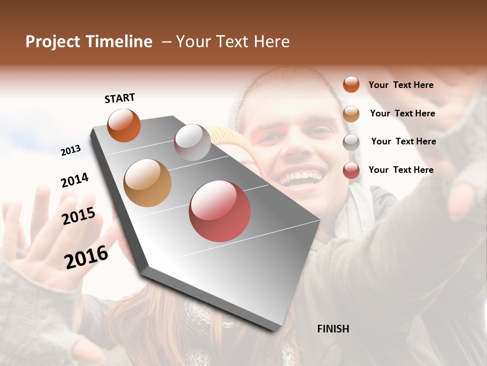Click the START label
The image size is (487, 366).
tap(120, 98)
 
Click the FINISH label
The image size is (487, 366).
tap(333, 329)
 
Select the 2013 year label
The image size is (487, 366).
tap(71, 150)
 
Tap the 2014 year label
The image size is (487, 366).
tap(75, 180)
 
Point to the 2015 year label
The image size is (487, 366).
tap(79, 216)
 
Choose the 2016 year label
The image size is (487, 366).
tap(86, 257)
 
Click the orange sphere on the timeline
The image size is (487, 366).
tap(124, 125)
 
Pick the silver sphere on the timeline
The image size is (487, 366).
tap(192, 142)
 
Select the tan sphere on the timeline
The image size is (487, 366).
tap(147, 182)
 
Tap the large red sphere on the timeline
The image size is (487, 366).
tap(220, 211)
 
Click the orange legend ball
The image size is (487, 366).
tap(351, 84)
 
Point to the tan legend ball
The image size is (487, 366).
tap(351, 114)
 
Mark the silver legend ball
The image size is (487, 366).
tap(351, 142)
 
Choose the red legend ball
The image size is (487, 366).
tap(351, 170)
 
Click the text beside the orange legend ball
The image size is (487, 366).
tap(401, 85)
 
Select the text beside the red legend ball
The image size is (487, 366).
tap(401, 170)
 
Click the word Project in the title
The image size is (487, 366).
tap(53, 42)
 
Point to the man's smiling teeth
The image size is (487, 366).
tap(301, 178)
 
